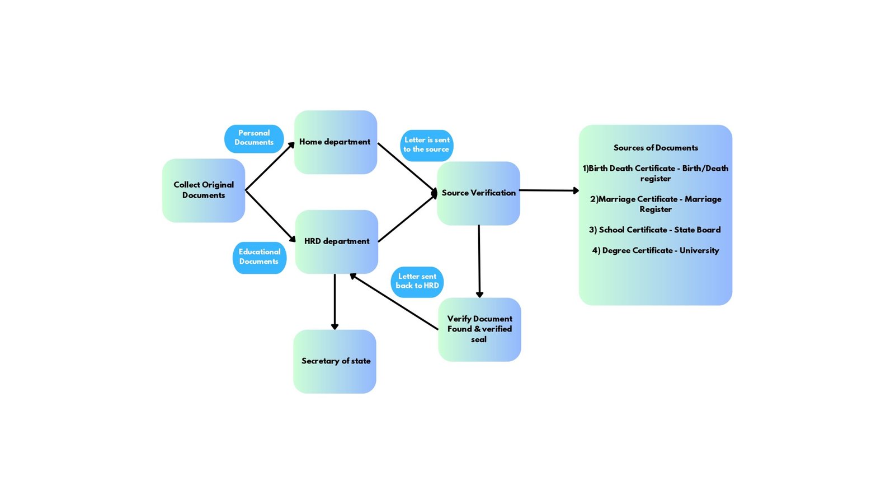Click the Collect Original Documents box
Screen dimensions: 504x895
tap(204, 190)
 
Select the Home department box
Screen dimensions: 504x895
tap(335, 142)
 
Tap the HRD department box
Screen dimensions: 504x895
tap(336, 241)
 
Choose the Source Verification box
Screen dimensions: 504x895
tap(478, 193)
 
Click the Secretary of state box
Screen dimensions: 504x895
tap(335, 361)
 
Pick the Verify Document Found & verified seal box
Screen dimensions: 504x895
tap(479, 329)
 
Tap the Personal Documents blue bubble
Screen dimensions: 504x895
tap(254, 138)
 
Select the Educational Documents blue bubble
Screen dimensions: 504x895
tap(259, 257)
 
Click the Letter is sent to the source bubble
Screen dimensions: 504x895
tap(426, 145)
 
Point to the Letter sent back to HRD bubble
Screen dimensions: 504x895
tap(417, 282)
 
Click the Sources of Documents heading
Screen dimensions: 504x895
tap(656, 148)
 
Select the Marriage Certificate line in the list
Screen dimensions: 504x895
tap(656, 204)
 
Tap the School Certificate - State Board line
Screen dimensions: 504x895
tap(654, 230)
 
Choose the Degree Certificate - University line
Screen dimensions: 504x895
tap(656, 251)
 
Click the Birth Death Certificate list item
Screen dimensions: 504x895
tap(656, 174)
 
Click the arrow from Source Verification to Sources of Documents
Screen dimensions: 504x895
tap(548, 190)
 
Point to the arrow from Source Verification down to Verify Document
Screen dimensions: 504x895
tap(479, 260)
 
